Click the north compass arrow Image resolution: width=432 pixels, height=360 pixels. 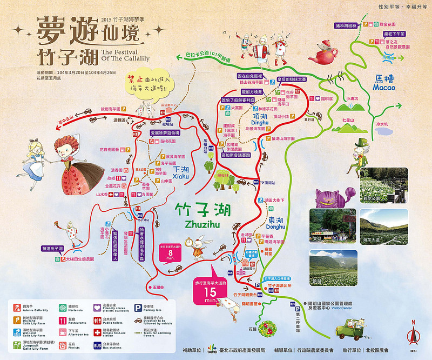414,335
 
